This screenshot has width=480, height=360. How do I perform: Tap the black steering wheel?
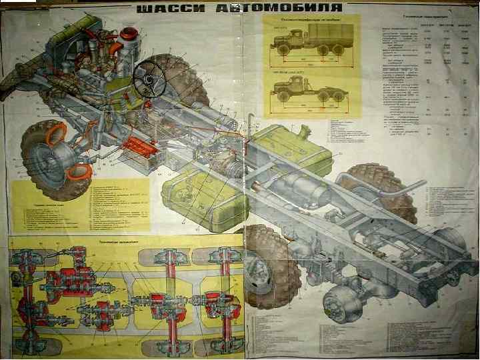pyautogui.click(x=151, y=78)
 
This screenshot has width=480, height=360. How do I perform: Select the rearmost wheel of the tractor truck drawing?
pyautogui.click(x=340, y=96)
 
